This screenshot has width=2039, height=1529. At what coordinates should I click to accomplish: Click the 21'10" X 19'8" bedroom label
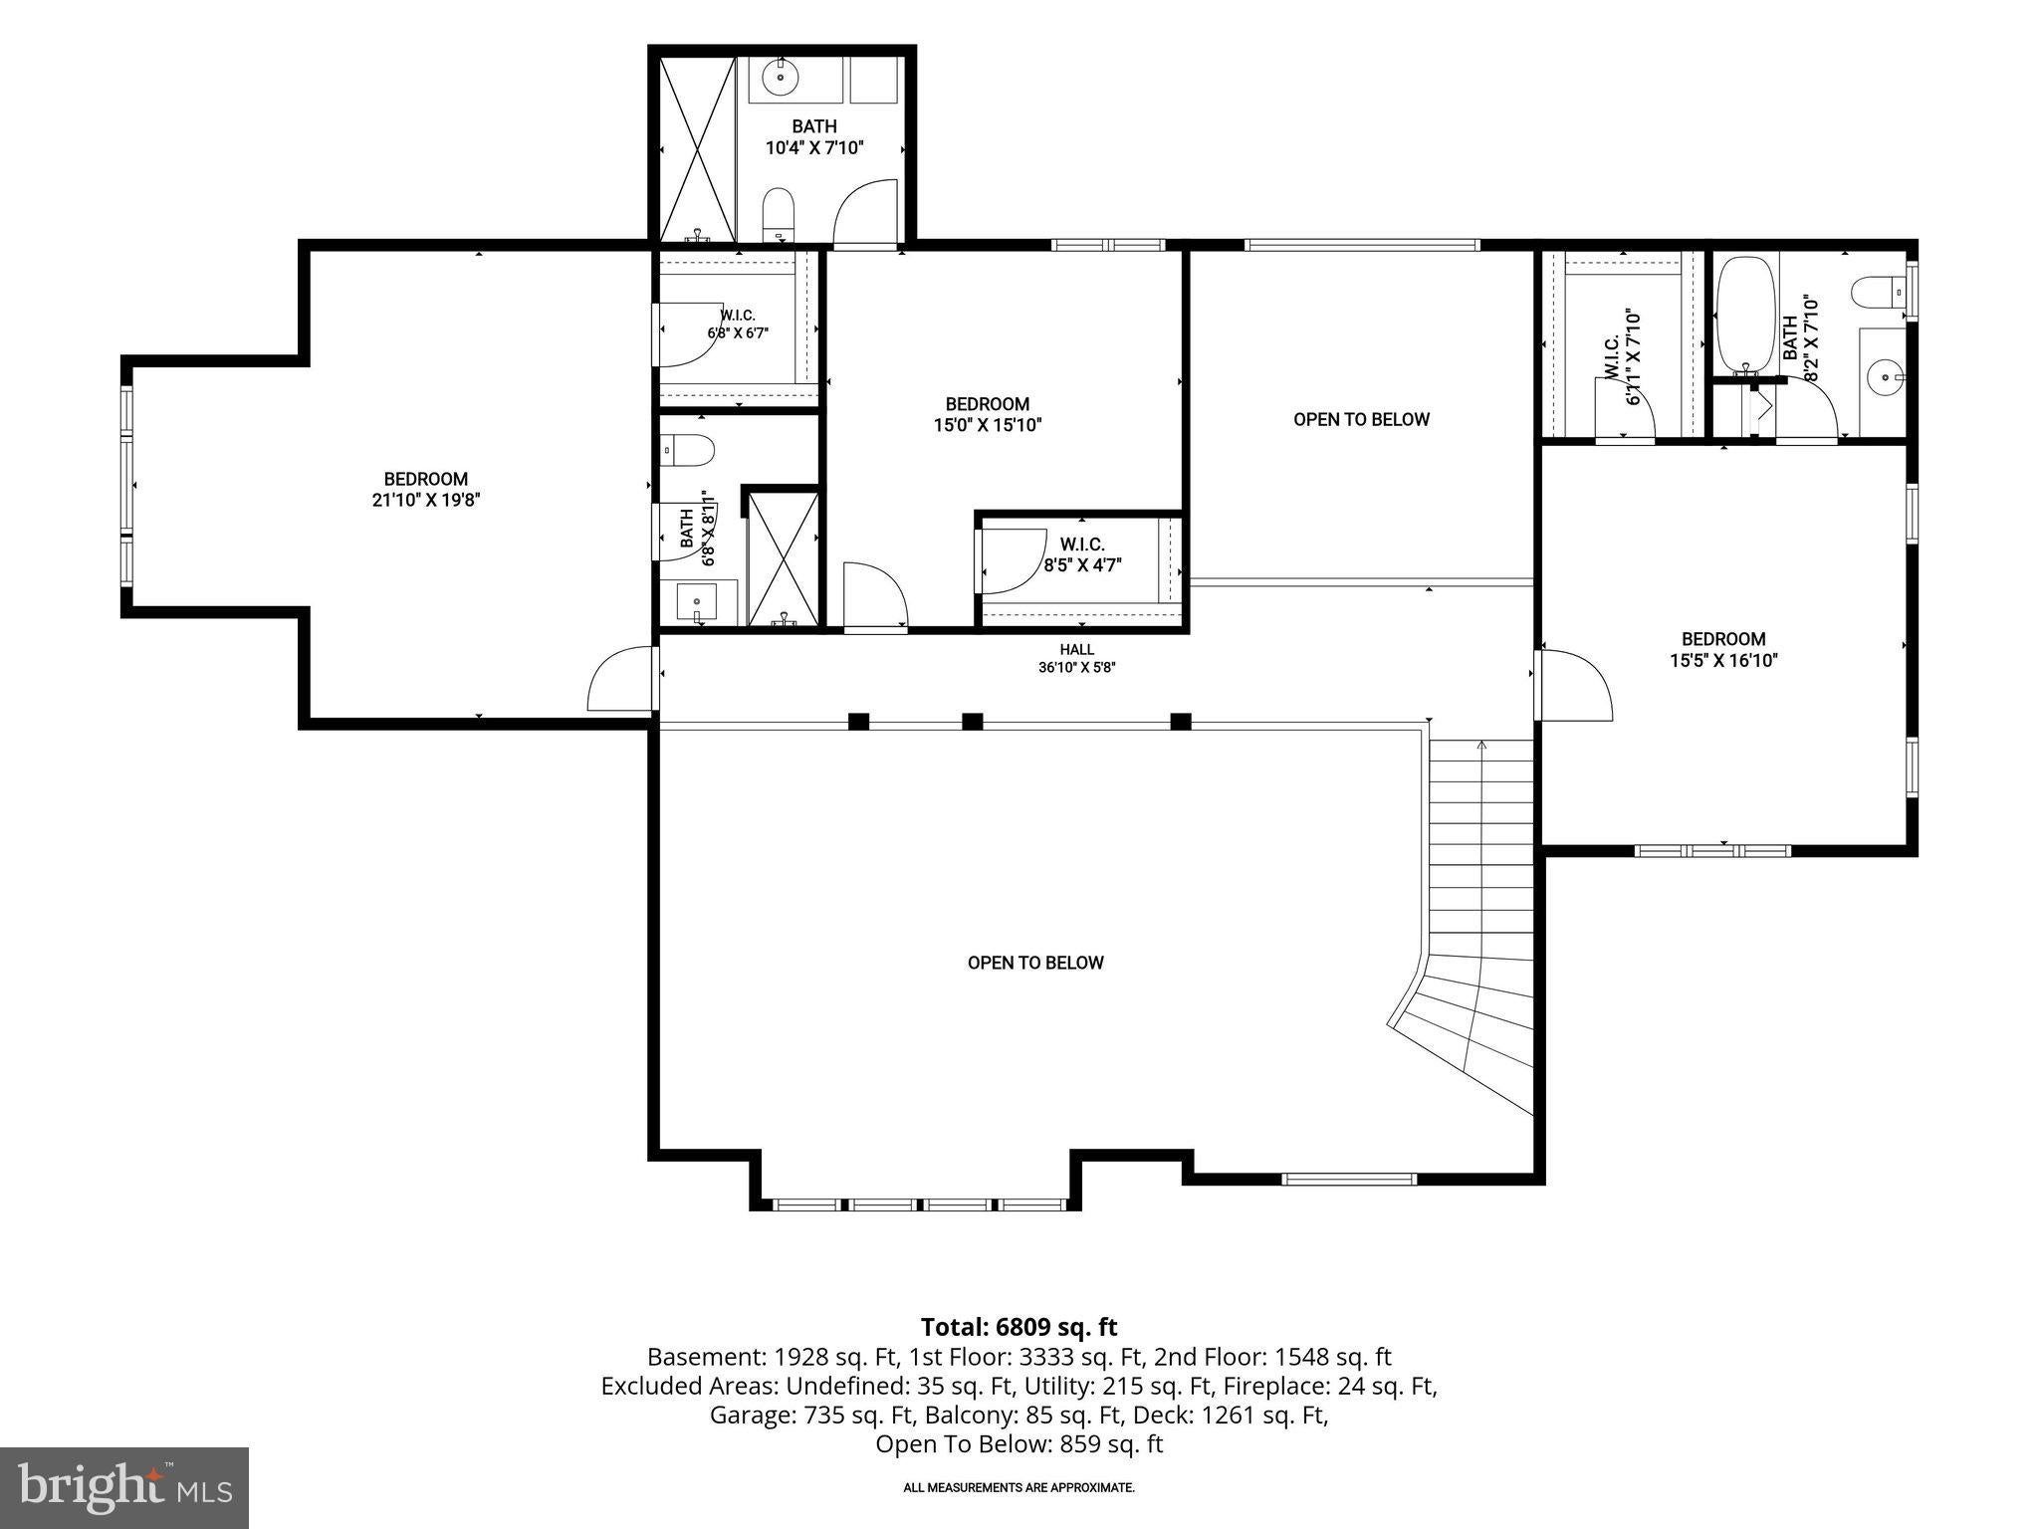point(426,489)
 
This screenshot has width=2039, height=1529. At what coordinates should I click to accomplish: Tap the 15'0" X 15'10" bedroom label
point(987,414)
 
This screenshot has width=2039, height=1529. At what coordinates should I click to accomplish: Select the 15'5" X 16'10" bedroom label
point(1723,649)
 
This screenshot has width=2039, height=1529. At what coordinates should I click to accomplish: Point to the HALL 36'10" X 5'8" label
point(1076,658)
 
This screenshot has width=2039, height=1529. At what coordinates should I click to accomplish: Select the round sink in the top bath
point(780,77)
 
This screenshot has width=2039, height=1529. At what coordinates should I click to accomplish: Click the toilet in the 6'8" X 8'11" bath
point(688,450)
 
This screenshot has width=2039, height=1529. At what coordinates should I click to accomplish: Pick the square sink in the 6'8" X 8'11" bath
point(697,602)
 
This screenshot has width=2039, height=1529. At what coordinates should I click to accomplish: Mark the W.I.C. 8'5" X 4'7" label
point(1082,554)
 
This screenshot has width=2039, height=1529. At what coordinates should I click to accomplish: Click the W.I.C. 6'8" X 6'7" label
point(738,324)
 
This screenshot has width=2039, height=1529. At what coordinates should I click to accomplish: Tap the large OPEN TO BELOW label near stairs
point(1035,963)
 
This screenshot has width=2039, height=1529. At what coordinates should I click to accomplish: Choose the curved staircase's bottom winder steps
point(1464,1035)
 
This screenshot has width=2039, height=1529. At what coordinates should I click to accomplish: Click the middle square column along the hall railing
point(972,722)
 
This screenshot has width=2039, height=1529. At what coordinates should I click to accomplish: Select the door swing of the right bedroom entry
point(1573,685)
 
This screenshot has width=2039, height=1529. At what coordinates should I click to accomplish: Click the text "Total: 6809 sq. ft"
point(1019,1327)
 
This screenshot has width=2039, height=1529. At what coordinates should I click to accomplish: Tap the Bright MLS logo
point(124,1487)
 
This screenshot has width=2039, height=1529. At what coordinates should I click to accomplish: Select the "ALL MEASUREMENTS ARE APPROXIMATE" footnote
point(1019,1488)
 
